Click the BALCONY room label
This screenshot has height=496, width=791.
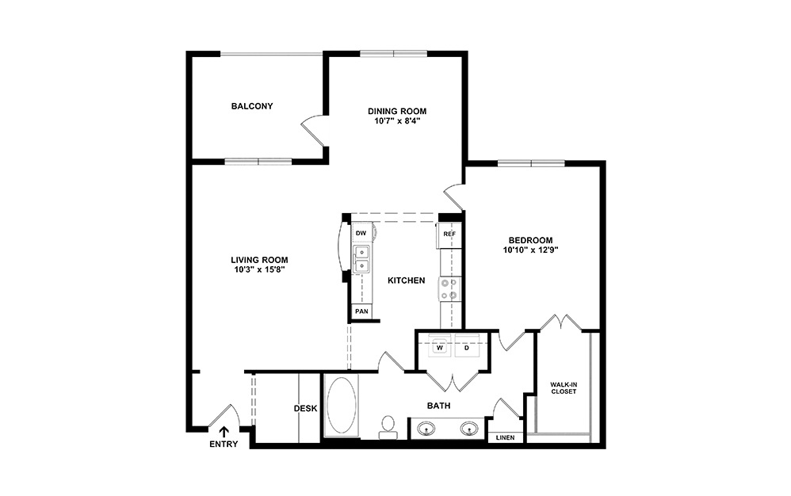(252, 106)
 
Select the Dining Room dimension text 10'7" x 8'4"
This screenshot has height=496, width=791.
(396, 122)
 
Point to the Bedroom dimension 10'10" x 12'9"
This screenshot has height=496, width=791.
(531, 250)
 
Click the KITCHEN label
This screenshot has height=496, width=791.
(406, 280)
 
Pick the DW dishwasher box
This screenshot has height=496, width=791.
(361, 233)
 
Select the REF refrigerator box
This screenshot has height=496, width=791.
(449, 235)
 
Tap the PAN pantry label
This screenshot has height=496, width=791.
(361, 311)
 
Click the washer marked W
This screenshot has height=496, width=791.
(439, 347)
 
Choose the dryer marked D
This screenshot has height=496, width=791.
(467, 347)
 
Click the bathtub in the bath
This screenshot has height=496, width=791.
(342, 404)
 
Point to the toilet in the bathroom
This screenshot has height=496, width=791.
(388, 426)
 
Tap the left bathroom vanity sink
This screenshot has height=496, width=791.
(427, 429)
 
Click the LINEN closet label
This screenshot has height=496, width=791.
(504, 437)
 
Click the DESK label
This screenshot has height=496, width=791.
(305, 409)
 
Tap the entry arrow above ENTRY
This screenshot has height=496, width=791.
(224, 432)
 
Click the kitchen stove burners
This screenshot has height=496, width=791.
(449, 289)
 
